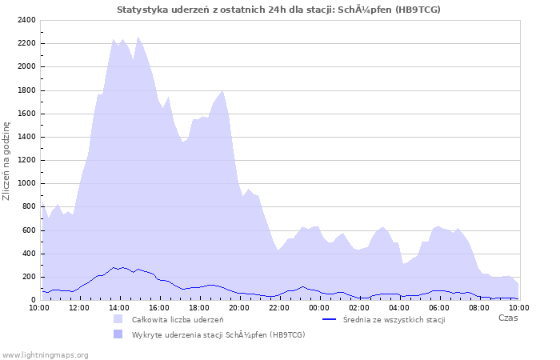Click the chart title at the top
(278, 10)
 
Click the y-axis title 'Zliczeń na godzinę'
(7, 160)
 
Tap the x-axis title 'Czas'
(508, 318)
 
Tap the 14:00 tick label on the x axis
(119, 307)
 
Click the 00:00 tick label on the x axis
(319, 307)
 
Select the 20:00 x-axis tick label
(239, 307)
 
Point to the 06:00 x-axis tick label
(439, 307)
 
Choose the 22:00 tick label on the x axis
(279, 307)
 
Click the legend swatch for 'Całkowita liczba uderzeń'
(118, 319)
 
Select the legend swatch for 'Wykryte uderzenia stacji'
(118, 334)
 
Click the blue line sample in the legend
(329, 319)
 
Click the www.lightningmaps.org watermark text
(45, 354)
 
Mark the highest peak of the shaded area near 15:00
(138, 37)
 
